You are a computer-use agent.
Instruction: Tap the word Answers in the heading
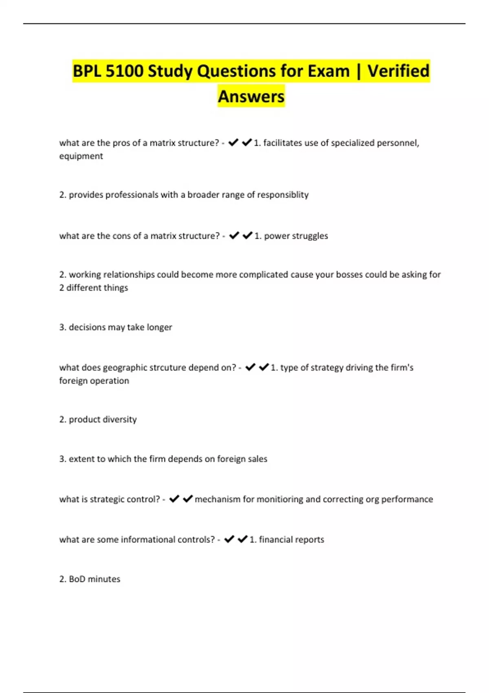[x=251, y=97]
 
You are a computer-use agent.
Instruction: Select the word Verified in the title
[x=398, y=71]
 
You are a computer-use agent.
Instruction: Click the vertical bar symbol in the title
[x=359, y=71]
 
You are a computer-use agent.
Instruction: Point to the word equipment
[x=81, y=156]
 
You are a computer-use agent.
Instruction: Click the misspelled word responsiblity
[x=282, y=195]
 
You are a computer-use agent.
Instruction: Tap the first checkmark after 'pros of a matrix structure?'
[x=233, y=143]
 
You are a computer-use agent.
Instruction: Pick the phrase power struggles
[x=296, y=236]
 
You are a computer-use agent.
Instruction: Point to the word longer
[x=159, y=327]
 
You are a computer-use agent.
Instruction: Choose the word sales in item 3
[x=258, y=459]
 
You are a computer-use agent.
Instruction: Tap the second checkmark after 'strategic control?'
[x=187, y=499]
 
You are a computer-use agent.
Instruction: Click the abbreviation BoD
[x=77, y=579]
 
